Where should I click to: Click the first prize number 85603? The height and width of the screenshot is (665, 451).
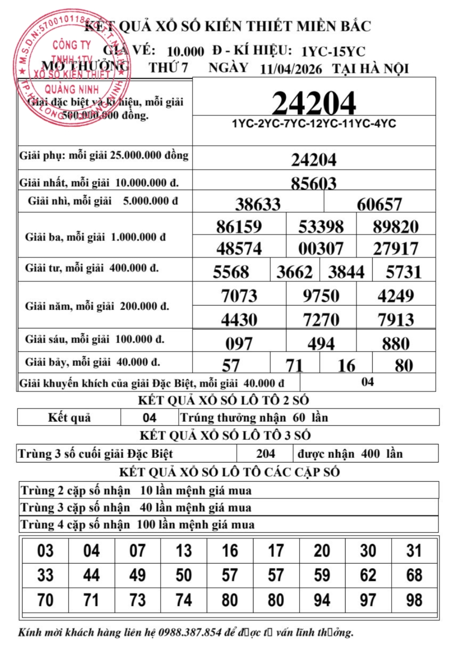click(x=314, y=183)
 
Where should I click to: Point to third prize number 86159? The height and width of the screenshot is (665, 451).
click(x=239, y=226)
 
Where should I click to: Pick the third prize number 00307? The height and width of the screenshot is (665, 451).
click(x=321, y=248)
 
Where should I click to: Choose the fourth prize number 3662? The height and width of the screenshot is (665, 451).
click(x=294, y=271)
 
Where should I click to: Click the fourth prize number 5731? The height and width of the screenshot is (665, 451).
click(x=403, y=271)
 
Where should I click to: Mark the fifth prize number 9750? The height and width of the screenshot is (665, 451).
click(x=321, y=296)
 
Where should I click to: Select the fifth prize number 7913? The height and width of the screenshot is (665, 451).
click(x=396, y=319)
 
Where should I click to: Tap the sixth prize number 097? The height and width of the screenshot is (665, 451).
click(x=239, y=343)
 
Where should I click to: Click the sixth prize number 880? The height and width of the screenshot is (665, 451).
click(x=396, y=343)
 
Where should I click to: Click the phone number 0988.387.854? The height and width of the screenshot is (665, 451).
click(x=190, y=632)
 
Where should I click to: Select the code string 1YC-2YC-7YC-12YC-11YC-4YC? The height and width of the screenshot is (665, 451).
click(x=314, y=124)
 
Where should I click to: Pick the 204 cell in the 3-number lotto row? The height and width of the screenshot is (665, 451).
click(x=265, y=453)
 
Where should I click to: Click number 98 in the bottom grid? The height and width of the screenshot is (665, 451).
click(x=414, y=600)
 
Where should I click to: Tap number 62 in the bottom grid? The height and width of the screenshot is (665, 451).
click(x=368, y=575)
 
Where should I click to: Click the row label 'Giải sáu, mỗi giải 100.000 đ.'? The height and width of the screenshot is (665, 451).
click(x=95, y=339)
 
